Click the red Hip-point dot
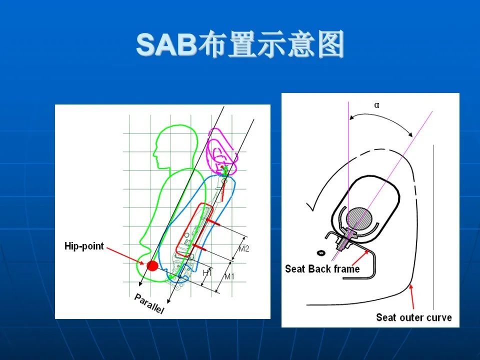point(152,265)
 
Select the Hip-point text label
point(84,246)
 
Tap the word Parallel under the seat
point(149,303)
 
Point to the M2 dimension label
point(243,248)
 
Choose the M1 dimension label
point(229,276)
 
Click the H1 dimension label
point(207,273)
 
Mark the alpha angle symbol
point(376,105)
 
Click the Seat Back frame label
point(322,269)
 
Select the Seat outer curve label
point(414,317)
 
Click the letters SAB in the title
point(166,44)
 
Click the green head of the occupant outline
point(176,147)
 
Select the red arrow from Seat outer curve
point(412,296)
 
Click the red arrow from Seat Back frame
point(360,257)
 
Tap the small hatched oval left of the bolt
point(321,253)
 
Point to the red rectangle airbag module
point(194,230)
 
